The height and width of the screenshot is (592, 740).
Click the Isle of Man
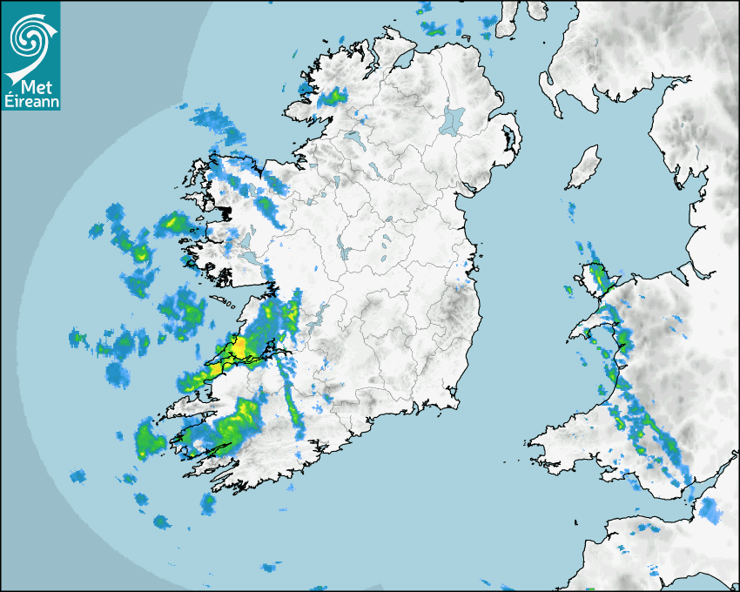click(584, 168)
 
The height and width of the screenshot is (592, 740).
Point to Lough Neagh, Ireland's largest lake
click(454, 118)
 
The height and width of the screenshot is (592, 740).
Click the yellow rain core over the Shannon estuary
click(237, 348)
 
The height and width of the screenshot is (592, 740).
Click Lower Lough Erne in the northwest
click(355, 137)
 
